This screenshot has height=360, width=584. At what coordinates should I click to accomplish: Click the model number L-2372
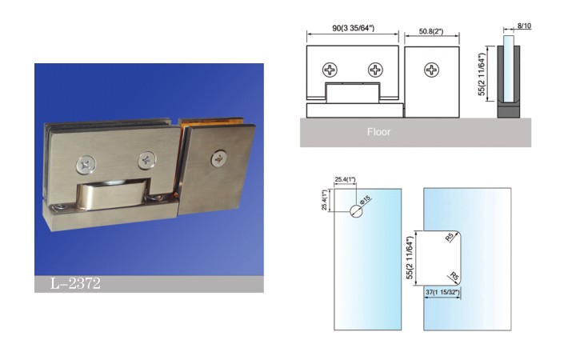(x=75, y=284)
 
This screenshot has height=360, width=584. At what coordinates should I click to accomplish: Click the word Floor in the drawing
(x=378, y=132)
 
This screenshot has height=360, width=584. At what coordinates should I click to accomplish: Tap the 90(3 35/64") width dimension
(x=353, y=28)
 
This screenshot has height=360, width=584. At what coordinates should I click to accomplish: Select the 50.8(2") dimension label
(x=431, y=31)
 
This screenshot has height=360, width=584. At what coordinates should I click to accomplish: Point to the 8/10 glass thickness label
(x=525, y=26)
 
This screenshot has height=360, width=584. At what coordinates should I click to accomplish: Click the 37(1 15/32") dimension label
(x=442, y=293)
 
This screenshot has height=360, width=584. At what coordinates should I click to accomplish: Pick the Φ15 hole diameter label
(x=366, y=199)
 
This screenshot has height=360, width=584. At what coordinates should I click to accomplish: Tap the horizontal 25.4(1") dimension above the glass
(x=346, y=179)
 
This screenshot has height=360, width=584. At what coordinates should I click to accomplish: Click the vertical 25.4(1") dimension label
(x=325, y=200)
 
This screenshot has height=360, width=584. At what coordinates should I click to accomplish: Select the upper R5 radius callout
(x=450, y=237)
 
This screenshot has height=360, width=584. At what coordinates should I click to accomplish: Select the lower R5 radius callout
(x=454, y=277)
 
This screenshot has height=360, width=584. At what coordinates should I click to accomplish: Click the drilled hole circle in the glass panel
(x=356, y=211)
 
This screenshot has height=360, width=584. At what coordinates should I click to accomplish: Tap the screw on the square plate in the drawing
(x=432, y=70)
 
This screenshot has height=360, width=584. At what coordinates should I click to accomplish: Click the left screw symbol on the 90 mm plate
(x=330, y=70)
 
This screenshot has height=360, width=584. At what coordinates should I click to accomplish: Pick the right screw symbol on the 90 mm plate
(x=375, y=70)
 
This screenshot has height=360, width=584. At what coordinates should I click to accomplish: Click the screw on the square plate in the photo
(x=219, y=158)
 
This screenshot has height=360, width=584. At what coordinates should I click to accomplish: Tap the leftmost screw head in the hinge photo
(x=86, y=165)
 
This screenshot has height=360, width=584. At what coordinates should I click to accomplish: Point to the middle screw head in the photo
(x=147, y=160)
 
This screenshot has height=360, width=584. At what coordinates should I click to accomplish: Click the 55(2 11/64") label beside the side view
(x=482, y=74)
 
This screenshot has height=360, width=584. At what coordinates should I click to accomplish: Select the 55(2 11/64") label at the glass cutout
(x=410, y=258)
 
